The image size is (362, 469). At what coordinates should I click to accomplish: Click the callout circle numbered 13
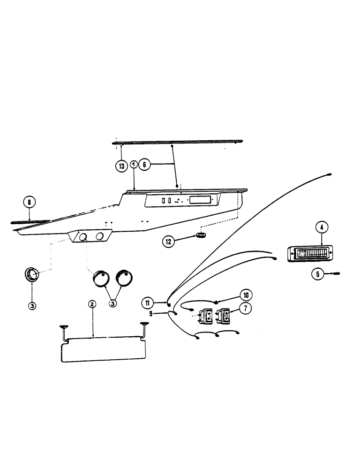coord(121,166)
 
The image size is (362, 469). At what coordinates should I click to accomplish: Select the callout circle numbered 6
coord(145,166)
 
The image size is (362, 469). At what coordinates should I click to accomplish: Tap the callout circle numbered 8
coord(29,203)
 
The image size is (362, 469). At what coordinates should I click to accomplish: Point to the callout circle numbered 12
coord(168,242)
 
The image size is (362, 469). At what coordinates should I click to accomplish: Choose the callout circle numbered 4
coord(321,228)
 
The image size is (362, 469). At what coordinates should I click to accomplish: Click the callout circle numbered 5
coord(318,274)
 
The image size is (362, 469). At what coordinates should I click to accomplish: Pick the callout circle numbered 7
coord(244,308)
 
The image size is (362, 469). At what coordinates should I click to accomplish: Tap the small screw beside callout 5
coord(334,273)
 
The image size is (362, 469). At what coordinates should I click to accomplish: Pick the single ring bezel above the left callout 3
coord(31,274)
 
